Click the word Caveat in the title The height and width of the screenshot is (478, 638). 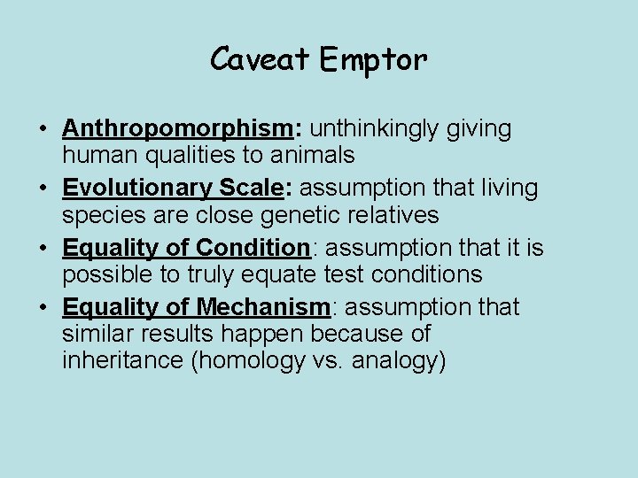[x=259, y=60]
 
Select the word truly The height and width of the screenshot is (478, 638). [x=211, y=274]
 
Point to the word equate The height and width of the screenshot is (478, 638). [x=279, y=274]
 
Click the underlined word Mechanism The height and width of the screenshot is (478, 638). [x=263, y=307]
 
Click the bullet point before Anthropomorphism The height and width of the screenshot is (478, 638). [x=43, y=129]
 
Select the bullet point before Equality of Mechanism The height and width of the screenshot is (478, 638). [x=43, y=308]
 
